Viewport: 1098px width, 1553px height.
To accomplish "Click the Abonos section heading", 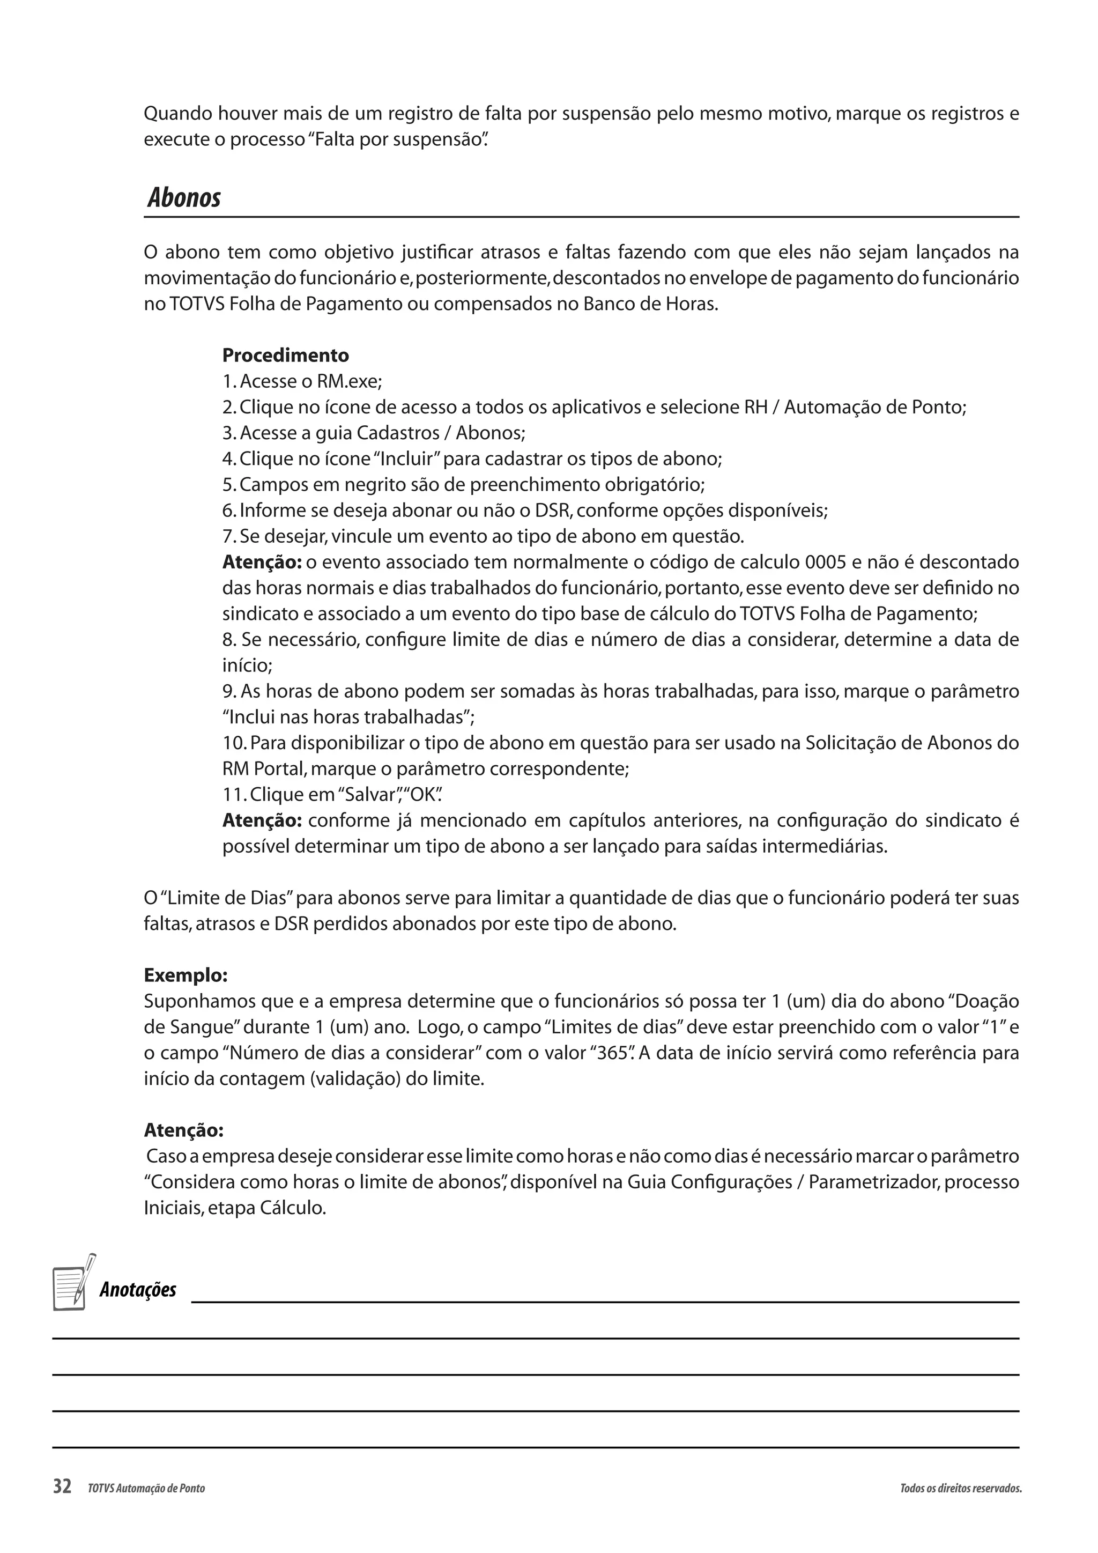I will pyautogui.click(x=184, y=198).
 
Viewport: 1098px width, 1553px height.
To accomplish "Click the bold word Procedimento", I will pyautogui.click(x=285, y=355).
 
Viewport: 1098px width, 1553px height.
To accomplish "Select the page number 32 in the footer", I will pyautogui.click(x=62, y=1487).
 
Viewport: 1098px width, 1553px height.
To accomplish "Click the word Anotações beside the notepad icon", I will pyautogui.click(x=138, y=1290).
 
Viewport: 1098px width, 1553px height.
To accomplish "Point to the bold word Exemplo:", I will pyautogui.click(x=186, y=975).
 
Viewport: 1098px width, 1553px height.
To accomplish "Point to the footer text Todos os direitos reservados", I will pyautogui.click(x=960, y=1488).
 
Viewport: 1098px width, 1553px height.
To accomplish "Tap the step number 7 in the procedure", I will pyautogui.click(x=228, y=536).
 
